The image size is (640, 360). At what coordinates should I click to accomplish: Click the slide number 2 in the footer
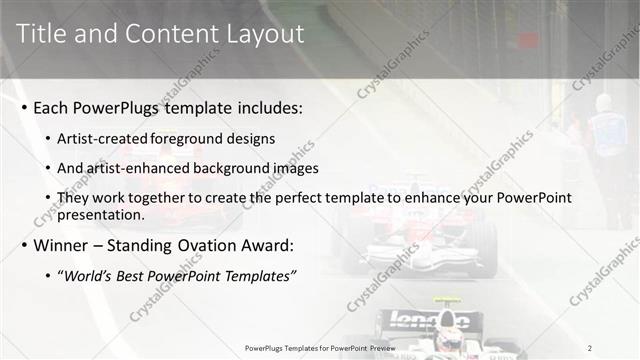tap(590, 347)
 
